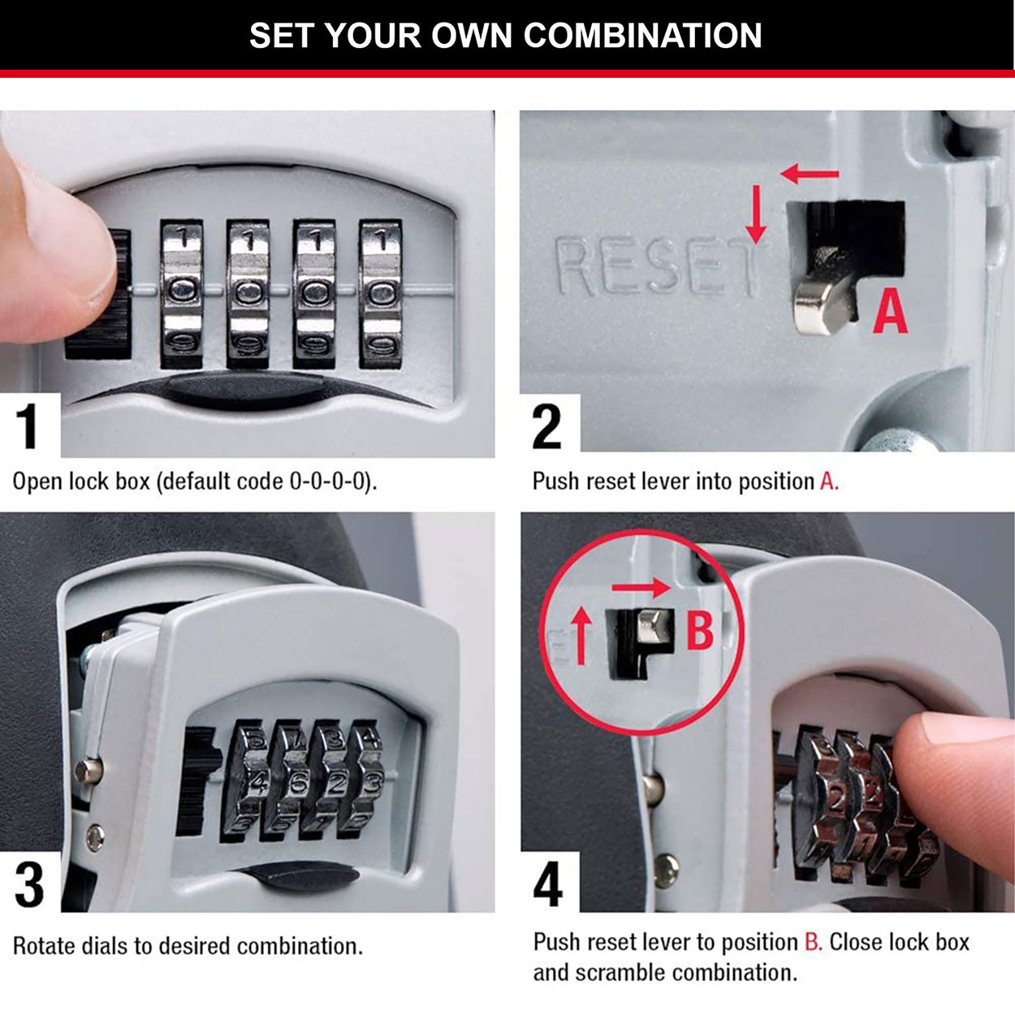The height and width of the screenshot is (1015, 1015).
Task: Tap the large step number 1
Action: tap(28, 425)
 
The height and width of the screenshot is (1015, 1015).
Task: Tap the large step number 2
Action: tap(546, 425)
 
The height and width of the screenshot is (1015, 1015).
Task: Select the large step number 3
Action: tap(29, 884)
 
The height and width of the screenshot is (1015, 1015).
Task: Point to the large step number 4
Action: tap(548, 884)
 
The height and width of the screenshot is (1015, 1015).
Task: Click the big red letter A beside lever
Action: tap(890, 312)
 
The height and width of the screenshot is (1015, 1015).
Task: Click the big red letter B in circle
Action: tap(700, 630)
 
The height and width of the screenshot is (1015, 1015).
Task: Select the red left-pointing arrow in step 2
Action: tap(809, 173)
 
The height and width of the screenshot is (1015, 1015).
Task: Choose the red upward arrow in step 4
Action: tap(581, 637)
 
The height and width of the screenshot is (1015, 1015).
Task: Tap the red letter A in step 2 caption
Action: tap(827, 482)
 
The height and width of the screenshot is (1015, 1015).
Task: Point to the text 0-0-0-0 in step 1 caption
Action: tap(330, 482)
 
